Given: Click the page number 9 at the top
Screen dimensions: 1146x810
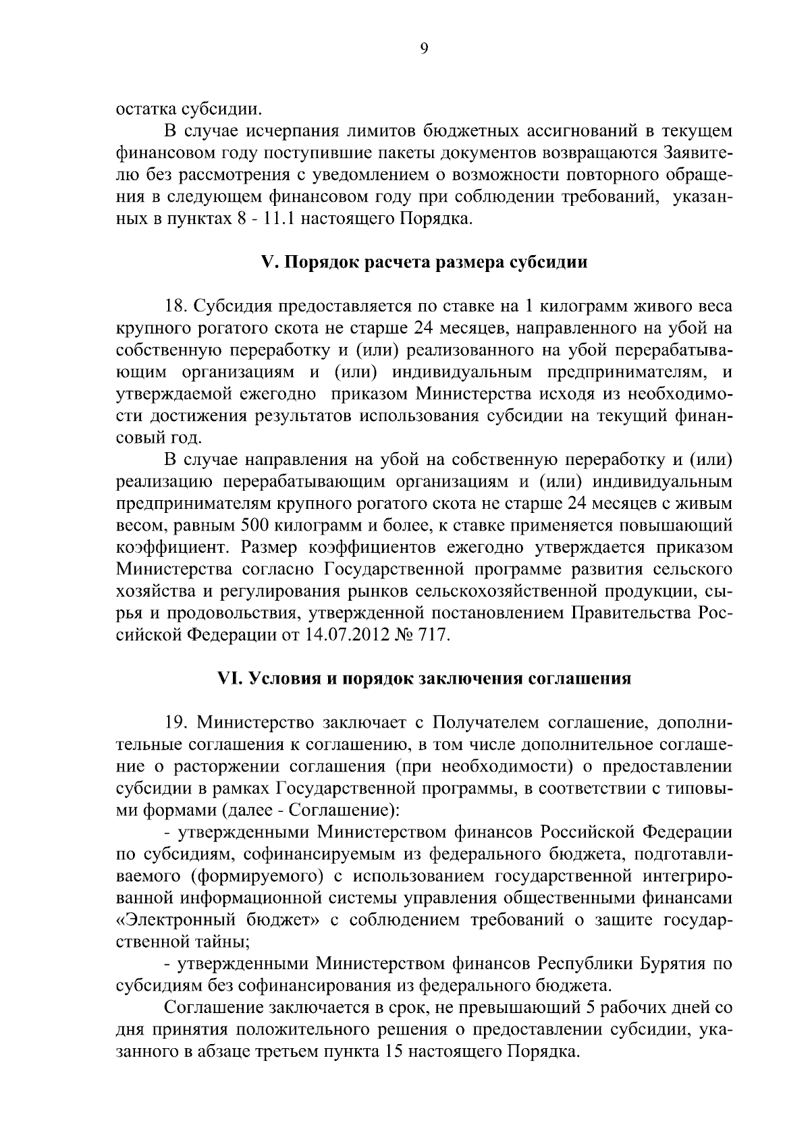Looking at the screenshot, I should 423,48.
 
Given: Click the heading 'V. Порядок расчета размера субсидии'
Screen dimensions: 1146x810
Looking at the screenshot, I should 423,263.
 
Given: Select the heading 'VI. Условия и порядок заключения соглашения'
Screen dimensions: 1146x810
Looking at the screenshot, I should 423,678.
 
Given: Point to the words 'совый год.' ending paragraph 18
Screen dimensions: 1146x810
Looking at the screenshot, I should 159,438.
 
